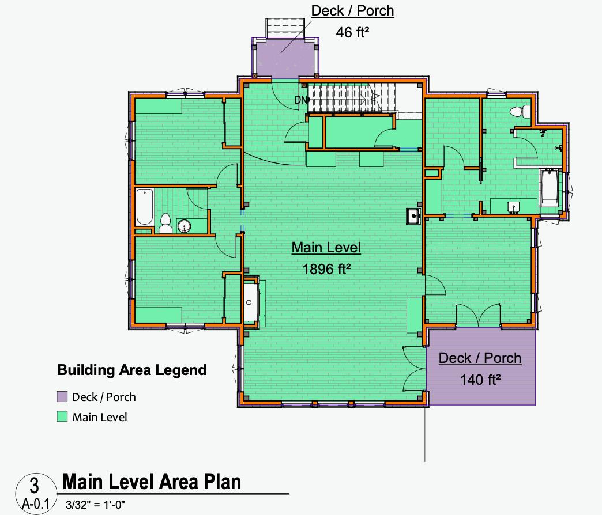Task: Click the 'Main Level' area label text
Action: click(326, 248)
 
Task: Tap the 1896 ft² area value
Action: click(326, 268)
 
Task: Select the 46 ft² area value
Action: click(352, 32)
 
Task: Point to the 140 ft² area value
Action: click(480, 379)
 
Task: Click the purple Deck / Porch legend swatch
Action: click(62, 397)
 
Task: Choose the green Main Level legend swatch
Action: click(62, 417)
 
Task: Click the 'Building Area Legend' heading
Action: click(131, 370)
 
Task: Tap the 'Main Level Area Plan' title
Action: click(152, 481)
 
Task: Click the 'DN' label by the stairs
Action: click(301, 100)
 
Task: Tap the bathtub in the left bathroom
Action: click(144, 208)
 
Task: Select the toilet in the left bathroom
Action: click(165, 224)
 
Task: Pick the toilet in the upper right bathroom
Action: click(522, 111)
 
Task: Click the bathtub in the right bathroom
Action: click(550, 188)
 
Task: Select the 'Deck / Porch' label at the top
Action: click(352, 11)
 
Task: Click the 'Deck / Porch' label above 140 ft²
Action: click(480, 358)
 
